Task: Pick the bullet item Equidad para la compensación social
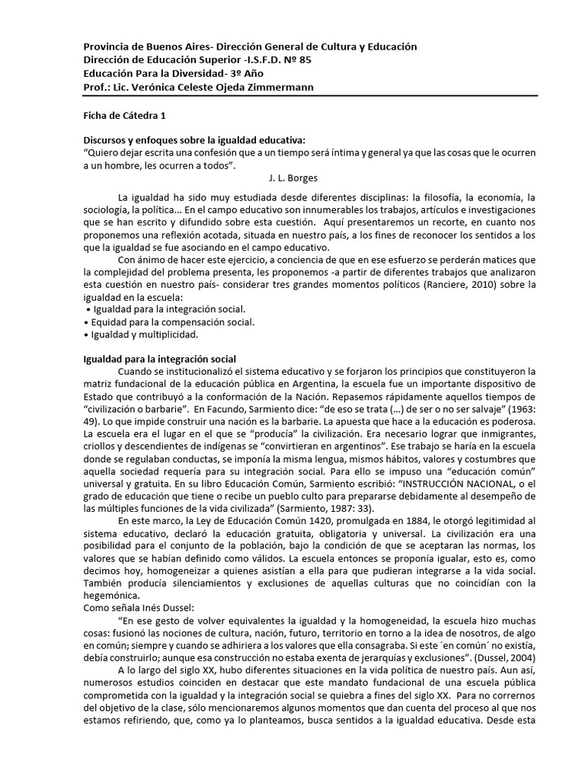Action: click(171, 322)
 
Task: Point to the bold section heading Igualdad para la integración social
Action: click(159, 359)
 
